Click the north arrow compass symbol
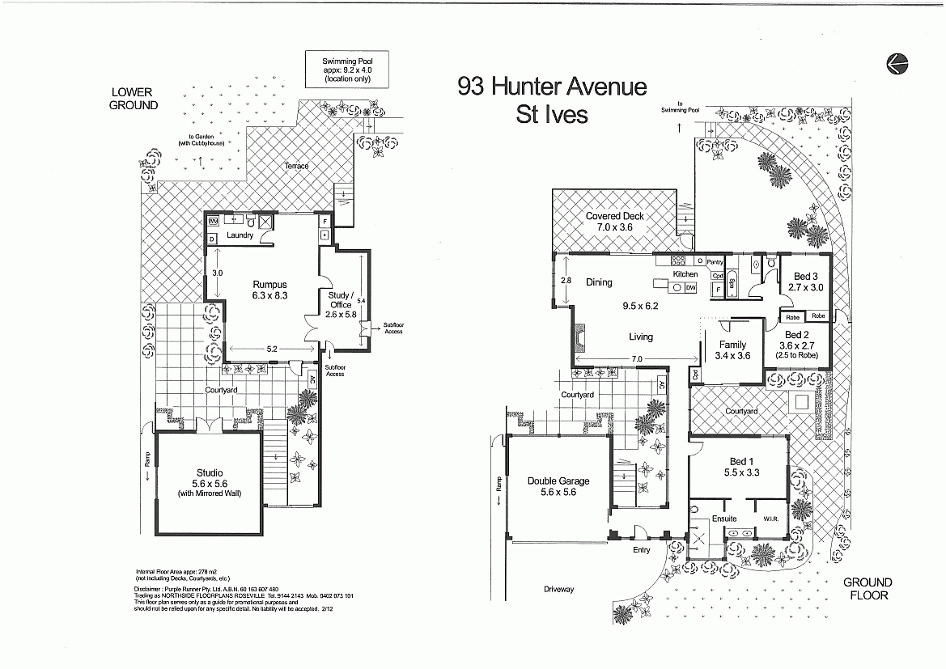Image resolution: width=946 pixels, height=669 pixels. [x=897, y=63]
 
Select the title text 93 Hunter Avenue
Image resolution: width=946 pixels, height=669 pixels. [x=552, y=86]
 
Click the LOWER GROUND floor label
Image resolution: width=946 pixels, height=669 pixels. [x=134, y=99]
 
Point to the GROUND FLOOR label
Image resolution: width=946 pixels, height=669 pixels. [x=868, y=588]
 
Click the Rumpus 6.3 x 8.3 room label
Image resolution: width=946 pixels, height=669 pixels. [x=270, y=290]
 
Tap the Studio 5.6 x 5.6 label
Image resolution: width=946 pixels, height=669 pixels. [x=210, y=483]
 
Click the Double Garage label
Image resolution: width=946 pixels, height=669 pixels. [x=558, y=486]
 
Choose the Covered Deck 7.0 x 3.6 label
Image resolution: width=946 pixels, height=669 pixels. [x=614, y=222]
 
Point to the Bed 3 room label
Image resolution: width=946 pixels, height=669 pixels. [x=805, y=282]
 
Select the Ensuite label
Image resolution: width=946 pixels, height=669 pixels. [x=724, y=519]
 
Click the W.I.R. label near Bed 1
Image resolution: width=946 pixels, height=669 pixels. [x=770, y=519]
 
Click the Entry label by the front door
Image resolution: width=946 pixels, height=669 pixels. [x=641, y=550]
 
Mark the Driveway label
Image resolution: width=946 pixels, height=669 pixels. [x=558, y=589]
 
